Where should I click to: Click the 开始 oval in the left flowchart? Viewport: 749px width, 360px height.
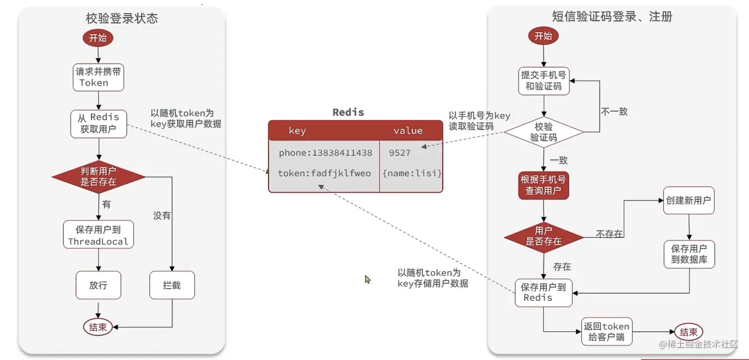point(98,38)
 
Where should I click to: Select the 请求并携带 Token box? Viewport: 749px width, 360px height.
point(98,77)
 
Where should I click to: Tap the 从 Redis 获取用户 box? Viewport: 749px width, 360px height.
point(98,123)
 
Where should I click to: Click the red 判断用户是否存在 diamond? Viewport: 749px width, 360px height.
point(98,176)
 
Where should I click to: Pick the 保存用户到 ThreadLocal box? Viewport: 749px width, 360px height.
point(98,235)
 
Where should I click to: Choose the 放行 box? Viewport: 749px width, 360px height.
point(98,285)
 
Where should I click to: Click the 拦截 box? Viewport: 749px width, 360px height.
point(172,285)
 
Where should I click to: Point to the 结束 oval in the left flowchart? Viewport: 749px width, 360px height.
point(98,327)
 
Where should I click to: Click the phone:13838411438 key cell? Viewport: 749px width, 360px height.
point(325,153)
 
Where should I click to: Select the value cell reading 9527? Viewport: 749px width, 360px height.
point(400,153)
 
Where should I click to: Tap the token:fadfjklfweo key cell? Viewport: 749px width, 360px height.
point(324,173)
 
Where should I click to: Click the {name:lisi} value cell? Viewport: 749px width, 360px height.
point(412,173)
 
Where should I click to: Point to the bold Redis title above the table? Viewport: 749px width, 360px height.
point(348,112)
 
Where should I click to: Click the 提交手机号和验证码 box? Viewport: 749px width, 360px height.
point(543,81)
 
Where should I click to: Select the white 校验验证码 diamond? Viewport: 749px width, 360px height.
point(543,132)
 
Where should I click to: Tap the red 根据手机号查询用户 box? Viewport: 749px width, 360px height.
point(543,185)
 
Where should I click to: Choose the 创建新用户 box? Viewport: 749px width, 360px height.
point(689,201)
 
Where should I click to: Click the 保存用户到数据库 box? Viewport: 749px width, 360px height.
point(689,254)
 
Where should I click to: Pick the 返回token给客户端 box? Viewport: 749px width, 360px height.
point(606,332)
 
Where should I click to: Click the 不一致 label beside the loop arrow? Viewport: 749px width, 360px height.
point(614,112)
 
